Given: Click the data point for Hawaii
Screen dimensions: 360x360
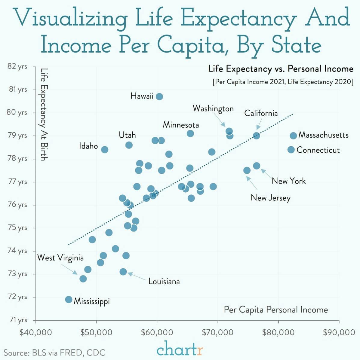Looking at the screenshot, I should [159, 96].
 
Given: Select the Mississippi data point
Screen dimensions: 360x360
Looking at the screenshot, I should [69, 300].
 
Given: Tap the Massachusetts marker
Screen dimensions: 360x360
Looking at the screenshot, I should [293, 136].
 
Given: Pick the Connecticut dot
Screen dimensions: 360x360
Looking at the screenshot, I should [291, 149].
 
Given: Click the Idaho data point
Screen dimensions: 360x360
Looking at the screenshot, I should [105, 150].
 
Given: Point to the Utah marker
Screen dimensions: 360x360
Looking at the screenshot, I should [129, 145].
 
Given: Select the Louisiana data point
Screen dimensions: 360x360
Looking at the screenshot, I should [123, 272].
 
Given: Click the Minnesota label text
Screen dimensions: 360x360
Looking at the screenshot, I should [181, 125].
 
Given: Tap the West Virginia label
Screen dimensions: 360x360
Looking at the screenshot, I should [60, 258].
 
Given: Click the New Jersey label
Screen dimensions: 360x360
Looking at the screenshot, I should [270, 198].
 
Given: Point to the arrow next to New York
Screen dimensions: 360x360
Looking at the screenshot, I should [267, 174].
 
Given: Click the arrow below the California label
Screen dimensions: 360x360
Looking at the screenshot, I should [259, 124].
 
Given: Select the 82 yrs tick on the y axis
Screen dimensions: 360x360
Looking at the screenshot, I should [17, 66].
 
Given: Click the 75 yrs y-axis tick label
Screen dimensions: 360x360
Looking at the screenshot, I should [17, 228].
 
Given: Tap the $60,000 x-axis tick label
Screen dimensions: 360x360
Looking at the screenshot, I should [157, 333].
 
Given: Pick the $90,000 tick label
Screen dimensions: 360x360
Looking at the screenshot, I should [339, 333].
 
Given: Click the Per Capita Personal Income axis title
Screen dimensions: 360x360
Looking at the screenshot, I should [276, 310].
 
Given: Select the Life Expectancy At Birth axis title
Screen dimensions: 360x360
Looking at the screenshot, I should [44, 114].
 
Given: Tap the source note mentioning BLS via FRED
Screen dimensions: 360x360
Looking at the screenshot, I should [54, 352].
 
